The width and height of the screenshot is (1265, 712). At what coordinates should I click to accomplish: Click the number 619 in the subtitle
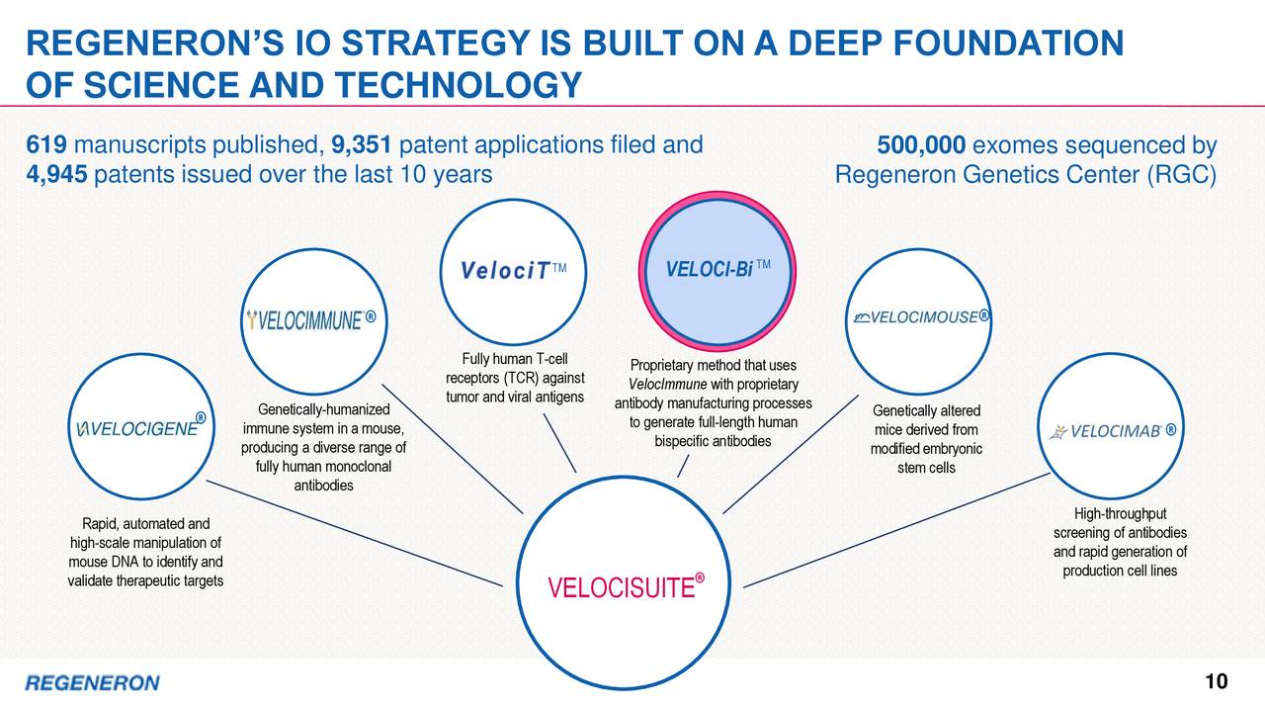[x=46, y=147]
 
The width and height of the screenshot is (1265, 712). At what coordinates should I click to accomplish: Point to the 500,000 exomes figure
[x=921, y=147]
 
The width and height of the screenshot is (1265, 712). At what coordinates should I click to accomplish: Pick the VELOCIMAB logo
[x=1113, y=430]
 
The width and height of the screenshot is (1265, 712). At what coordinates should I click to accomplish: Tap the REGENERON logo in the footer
[x=91, y=683]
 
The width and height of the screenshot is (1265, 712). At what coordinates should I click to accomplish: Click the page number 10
[x=1216, y=682]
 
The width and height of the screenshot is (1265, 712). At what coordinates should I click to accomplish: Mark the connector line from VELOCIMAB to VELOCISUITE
[x=894, y=529]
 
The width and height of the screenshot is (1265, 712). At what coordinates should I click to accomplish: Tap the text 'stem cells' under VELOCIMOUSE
[x=926, y=468]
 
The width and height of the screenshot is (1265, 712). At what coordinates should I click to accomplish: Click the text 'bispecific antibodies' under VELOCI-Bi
[x=713, y=441]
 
